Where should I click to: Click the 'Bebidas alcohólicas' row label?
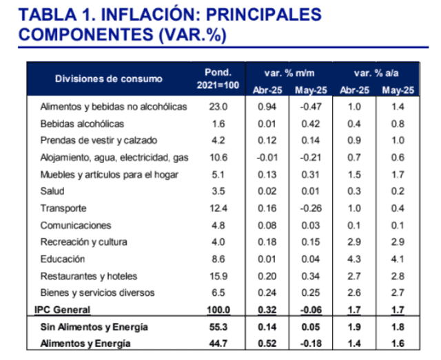click(x=82, y=124)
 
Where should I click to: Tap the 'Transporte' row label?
click(x=63, y=208)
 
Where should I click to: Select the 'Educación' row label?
click(x=63, y=259)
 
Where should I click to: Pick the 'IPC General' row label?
click(x=63, y=310)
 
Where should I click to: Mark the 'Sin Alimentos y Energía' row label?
click(x=84, y=327)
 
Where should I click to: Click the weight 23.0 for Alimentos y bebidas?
click(x=218, y=107)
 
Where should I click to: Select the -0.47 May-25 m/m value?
click(x=310, y=107)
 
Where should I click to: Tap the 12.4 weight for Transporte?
click(x=218, y=208)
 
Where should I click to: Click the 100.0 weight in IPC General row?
click(x=218, y=310)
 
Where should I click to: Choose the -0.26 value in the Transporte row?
click(x=310, y=208)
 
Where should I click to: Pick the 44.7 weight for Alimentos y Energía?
click(x=218, y=343)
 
